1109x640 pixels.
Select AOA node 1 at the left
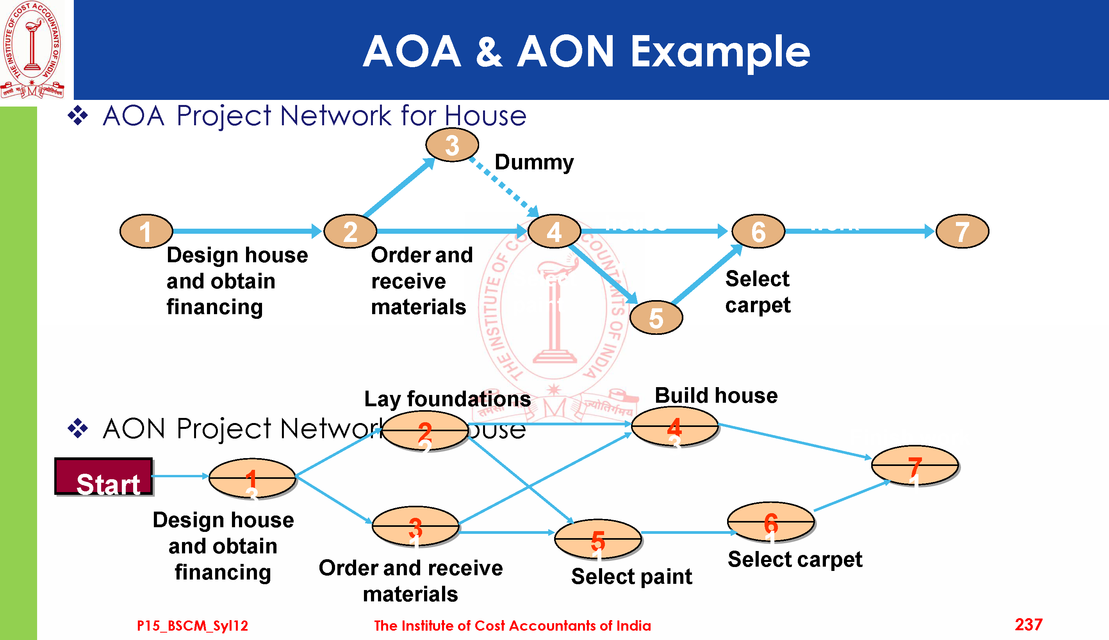(x=146, y=231)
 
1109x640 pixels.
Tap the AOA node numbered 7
(x=962, y=231)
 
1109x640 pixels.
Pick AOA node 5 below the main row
(x=656, y=317)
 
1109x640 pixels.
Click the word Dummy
(x=534, y=162)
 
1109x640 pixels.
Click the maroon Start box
(x=104, y=476)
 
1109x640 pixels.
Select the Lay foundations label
(x=447, y=399)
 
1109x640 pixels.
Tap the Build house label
(x=716, y=396)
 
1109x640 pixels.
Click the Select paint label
(x=631, y=576)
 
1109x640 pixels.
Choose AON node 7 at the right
(x=915, y=465)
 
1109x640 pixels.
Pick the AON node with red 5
(x=597, y=539)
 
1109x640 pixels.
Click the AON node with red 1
(x=252, y=478)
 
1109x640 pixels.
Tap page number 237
(x=1029, y=625)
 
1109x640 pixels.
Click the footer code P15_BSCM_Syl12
(x=192, y=626)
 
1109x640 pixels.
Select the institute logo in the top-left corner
(x=32, y=49)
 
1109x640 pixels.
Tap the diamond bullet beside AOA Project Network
(x=78, y=116)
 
